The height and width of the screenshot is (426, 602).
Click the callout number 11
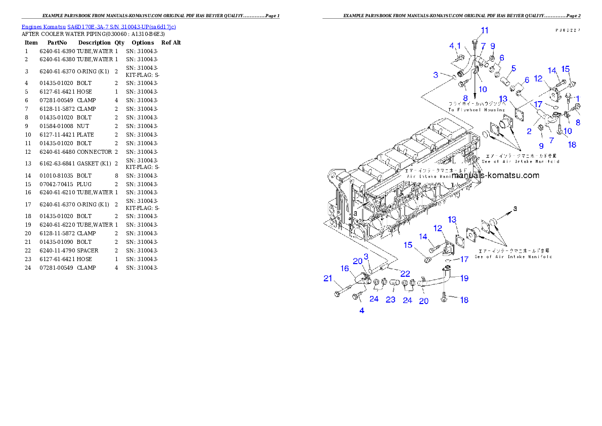tap(485, 30)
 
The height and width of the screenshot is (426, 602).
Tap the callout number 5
tap(513, 68)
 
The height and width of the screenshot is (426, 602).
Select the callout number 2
tap(529, 131)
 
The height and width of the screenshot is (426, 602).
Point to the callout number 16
tap(344, 268)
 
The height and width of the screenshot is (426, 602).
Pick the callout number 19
tap(464, 278)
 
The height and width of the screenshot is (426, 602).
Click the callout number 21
tap(328, 278)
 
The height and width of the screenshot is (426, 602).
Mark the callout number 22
tap(405, 273)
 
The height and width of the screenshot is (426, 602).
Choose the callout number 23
tap(391, 299)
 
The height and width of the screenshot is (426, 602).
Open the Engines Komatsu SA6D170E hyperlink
tap(99, 26)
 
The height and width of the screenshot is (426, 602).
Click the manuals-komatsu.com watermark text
tap(495, 176)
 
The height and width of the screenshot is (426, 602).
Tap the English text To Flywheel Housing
tap(476, 110)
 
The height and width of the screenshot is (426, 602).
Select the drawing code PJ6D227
tap(567, 30)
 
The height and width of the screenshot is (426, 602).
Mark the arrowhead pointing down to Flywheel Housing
tap(475, 96)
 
